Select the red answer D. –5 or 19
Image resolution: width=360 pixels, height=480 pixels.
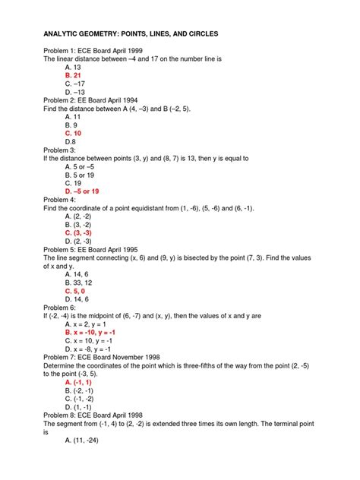(x=88, y=191)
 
